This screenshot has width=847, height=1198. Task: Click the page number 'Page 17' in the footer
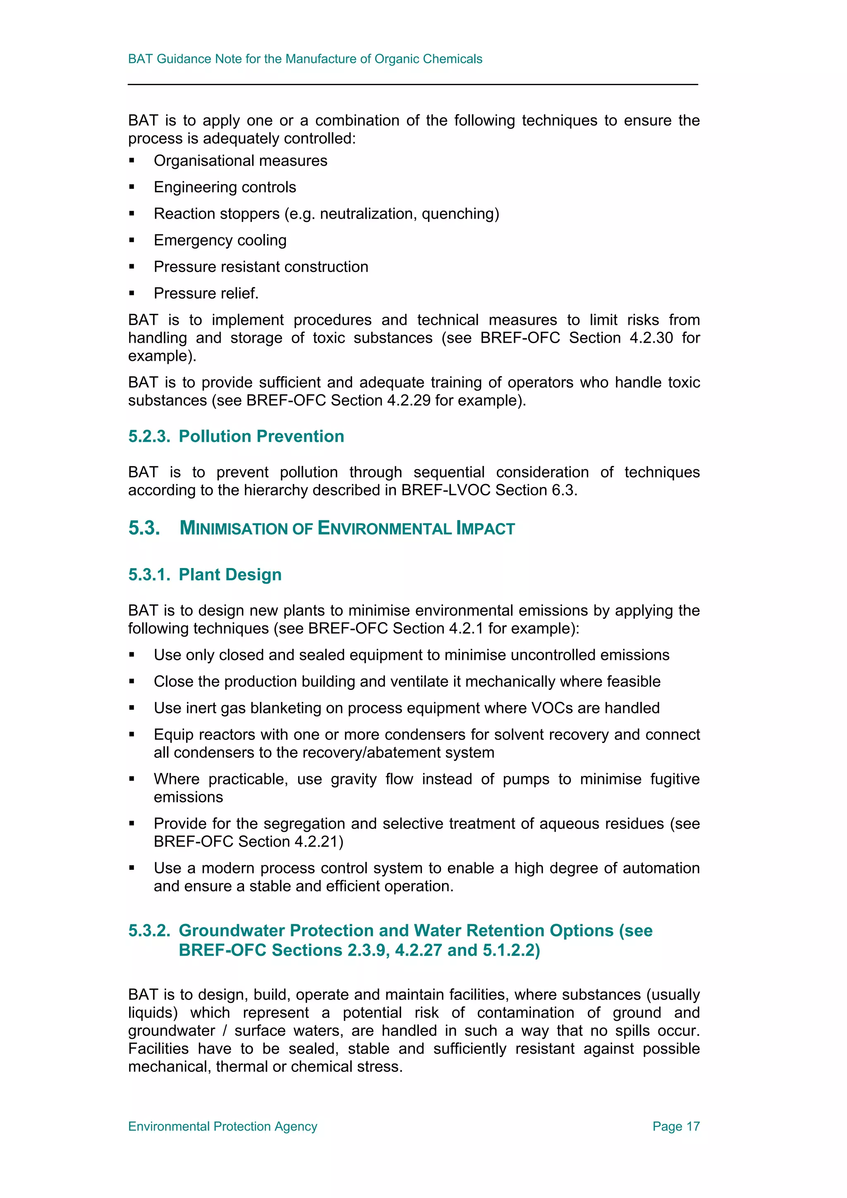coord(675,1126)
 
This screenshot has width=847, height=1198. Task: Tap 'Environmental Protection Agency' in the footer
coord(223,1126)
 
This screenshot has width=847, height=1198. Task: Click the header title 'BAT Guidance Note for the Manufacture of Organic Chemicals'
coord(305,59)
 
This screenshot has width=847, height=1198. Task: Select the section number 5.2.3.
coord(149,436)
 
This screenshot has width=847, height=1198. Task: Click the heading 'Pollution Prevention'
coord(261,436)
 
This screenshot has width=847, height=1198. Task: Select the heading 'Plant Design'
coord(230,575)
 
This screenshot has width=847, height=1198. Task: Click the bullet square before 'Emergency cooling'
coord(132,241)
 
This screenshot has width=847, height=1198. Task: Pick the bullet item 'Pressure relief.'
coord(206,293)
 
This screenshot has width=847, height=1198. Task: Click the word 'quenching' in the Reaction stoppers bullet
coord(458,214)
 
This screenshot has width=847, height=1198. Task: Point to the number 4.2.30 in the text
coord(651,338)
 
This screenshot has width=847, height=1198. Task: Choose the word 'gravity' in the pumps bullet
coord(353,779)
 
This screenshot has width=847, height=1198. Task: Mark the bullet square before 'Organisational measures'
coord(132,161)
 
